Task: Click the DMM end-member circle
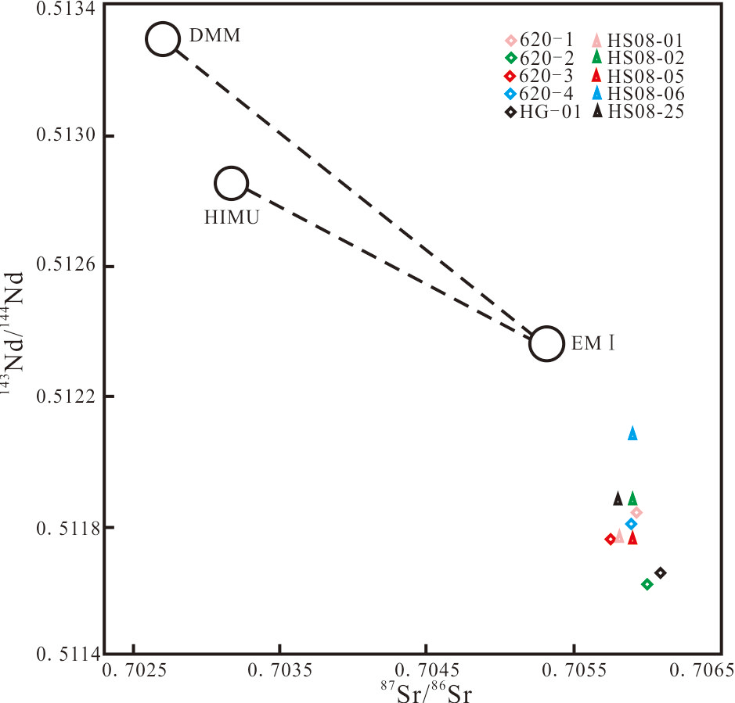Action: point(162,39)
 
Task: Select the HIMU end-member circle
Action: point(232,184)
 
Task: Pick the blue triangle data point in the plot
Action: point(632,433)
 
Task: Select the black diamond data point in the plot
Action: point(661,573)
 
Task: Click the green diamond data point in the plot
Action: point(647,584)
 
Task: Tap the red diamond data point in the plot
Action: point(611,539)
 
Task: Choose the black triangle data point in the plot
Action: point(618,498)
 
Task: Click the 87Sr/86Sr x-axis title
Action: point(425,693)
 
